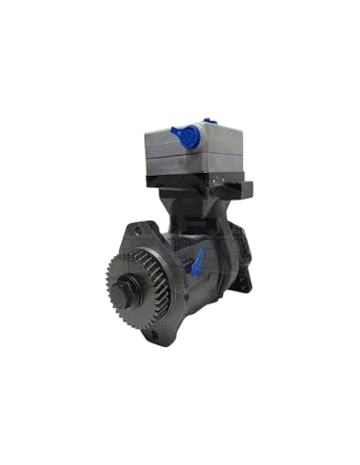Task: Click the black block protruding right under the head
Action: pos(248,186)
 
